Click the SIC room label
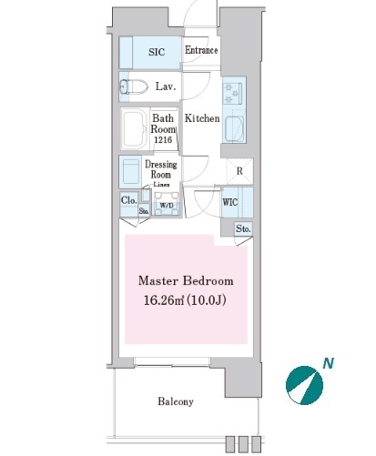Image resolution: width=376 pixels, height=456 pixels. [x=157, y=52]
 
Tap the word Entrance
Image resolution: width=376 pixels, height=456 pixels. [x=201, y=50]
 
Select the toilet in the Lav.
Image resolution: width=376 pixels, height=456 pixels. [x=133, y=86]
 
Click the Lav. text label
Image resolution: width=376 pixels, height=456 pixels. [x=166, y=86]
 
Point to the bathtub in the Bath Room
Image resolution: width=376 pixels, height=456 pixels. [x=135, y=129]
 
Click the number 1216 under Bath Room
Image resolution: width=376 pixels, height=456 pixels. [x=163, y=140]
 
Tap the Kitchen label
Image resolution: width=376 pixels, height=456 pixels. [x=202, y=118]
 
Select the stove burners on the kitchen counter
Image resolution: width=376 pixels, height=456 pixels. [x=232, y=94]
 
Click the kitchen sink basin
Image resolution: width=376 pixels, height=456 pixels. [x=235, y=128]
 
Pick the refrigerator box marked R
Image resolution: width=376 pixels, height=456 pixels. [x=239, y=171]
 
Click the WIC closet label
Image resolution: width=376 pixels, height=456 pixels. [x=230, y=202]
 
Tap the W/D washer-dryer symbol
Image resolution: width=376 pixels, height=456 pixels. [x=167, y=205]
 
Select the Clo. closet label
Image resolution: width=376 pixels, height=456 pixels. [x=129, y=200]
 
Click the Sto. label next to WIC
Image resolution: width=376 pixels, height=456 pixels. [x=243, y=228]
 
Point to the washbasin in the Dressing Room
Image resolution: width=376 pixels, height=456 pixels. [x=131, y=171]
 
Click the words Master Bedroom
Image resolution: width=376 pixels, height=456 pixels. [x=186, y=281]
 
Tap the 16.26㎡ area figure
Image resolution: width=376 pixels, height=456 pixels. [x=164, y=300]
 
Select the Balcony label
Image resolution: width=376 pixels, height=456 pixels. [x=176, y=401]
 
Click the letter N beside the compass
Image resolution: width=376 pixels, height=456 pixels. [x=328, y=363]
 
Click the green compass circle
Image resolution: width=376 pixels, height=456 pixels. [x=304, y=385]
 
